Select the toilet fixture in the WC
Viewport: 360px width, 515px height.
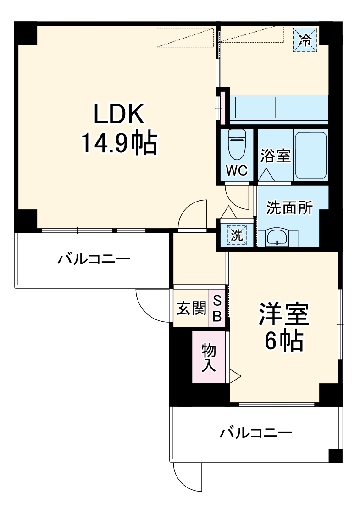coord(237,143)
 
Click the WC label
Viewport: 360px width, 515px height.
coord(237,170)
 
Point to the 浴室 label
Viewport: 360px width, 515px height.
coord(276,156)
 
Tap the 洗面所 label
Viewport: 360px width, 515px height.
coord(290,208)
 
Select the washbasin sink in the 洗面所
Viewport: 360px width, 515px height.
coord(277,237)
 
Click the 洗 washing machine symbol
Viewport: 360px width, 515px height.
coord(237,235)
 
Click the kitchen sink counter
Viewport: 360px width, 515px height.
coord(279,108)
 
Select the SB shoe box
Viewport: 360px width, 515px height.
coord(217,308)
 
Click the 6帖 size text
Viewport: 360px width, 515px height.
coord(283,341)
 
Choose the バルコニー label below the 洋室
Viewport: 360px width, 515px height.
coord(255,432)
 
